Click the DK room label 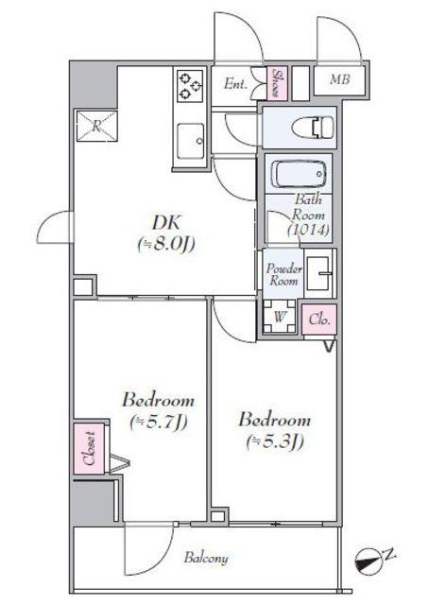tap(166, 222)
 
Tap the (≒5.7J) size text tap(159, 423)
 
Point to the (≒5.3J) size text tap(275, 441)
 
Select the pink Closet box tap(89, 449)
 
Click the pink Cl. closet tap(319, 320)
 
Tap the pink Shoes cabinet tap(277, 83)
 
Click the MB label tap(340, 79)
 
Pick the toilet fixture tap(314, 127)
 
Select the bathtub tap(299, 174)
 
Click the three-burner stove tap(190, 86)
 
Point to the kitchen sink tap(190, 141)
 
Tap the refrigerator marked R tap(96, 126)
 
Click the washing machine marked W tap(280, 318)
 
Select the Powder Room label tap(283, 275)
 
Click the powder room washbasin tap(318, 273)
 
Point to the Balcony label tap(206, 559)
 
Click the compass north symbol tap(368, 560)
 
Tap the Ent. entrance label tap(235, 84)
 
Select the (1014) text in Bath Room tap(308, 230)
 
